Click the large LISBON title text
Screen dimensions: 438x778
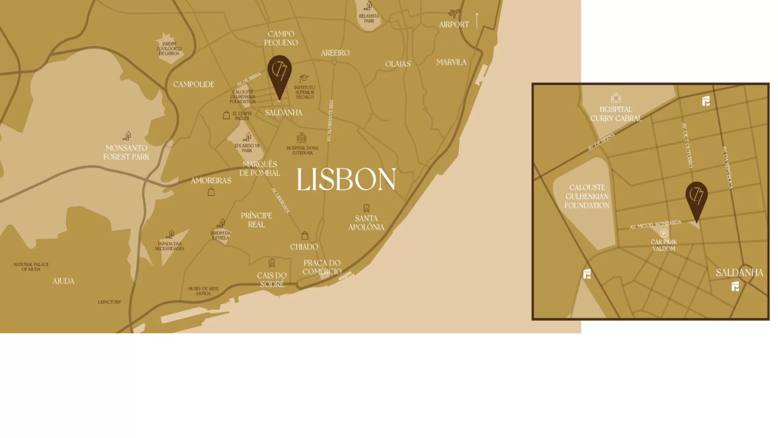click(346, 179)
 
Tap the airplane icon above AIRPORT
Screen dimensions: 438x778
click(454, 13)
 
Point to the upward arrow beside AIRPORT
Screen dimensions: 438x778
click(477, 20)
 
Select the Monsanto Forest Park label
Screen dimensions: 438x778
click(126, 152)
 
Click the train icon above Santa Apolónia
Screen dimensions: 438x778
click(366, 208)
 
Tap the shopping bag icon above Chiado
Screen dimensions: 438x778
click(305, 236)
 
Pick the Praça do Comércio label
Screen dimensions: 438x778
click(322, 267)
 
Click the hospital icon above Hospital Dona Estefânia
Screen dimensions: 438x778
click(301, 138)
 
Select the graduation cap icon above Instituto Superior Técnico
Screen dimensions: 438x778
click(304, 78)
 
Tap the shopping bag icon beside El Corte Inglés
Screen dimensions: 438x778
click(226, 115)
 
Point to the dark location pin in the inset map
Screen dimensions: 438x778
click(697, 199)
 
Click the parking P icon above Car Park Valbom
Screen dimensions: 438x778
click(664, 233)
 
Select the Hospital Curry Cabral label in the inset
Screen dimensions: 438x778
click(616, 114)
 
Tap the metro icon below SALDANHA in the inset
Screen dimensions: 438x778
click(735, 286)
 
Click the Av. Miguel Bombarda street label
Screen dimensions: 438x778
click(655, 225)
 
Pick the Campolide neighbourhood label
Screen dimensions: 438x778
click(194, 84)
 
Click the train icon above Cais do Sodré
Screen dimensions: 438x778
click(271, 263)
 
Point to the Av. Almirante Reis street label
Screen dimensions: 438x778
click(330, 120)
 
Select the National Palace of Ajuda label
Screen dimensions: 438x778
click(31, 266)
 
